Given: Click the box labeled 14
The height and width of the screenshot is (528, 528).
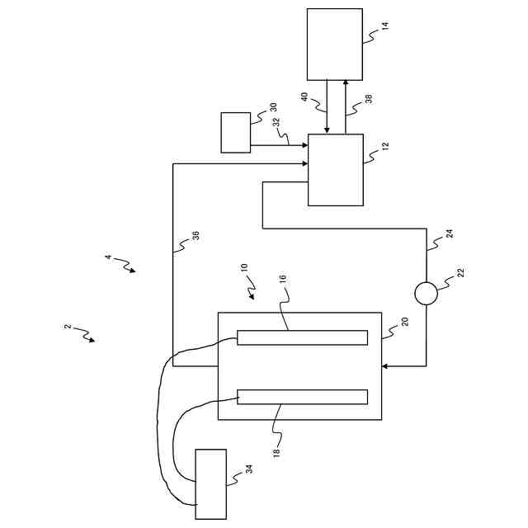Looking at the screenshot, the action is click(334, 44).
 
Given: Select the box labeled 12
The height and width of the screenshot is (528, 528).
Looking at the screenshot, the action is click(335, 170).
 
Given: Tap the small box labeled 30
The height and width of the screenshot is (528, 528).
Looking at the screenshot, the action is click(236, 132).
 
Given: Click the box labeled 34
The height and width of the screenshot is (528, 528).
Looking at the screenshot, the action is click(210, 484).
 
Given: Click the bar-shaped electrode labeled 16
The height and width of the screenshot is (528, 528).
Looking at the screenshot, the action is click(302, 337).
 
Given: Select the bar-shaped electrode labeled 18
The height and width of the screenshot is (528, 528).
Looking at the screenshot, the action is click(302, 397).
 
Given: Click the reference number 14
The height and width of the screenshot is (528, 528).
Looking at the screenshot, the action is click(385, 26).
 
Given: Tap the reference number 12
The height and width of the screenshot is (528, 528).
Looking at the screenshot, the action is click(385, 147).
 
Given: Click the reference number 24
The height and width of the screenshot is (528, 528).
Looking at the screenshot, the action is click(450, 233).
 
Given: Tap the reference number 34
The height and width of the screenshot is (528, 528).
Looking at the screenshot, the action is click(248, 469).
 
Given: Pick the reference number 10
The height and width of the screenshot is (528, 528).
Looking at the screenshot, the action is click(244, 269).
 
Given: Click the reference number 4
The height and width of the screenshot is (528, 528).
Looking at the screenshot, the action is click(108, 258).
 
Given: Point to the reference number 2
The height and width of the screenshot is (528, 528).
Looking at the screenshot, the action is click(68, 328).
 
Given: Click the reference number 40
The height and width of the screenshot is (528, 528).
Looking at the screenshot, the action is click(304, 97).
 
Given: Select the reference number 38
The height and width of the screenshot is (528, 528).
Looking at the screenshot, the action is click(369, 97).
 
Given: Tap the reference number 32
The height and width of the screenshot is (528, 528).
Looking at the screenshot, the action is click(276, 121).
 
